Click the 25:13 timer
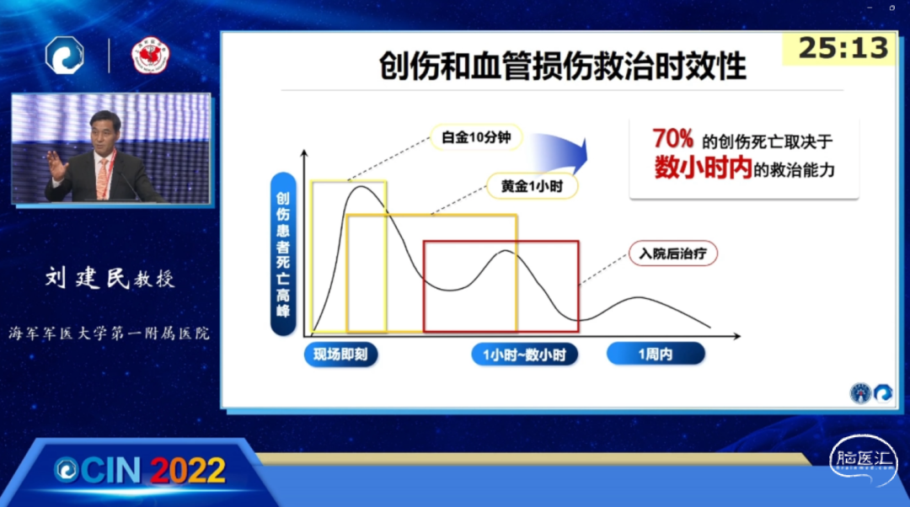tap(843, 47)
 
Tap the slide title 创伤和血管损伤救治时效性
tap(562, 65)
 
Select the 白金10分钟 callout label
tap(476, 137)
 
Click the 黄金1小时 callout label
tap(532, 186)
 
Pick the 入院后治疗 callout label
tap(672, 253)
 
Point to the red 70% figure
tap(672, 139)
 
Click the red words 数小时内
tap(703, 168)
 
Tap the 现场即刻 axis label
tap(340, 355)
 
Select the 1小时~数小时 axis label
tap(524, 355)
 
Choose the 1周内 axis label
tap(656, 354)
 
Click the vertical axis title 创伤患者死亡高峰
tap(283, 254)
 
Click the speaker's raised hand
tap(57, 165)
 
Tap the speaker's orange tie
tap(104, 178)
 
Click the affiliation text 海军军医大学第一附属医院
tap(109, 333)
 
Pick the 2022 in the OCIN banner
tap(188, 470)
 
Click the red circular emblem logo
tap(150, 56)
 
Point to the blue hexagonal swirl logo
tap(64, 56)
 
